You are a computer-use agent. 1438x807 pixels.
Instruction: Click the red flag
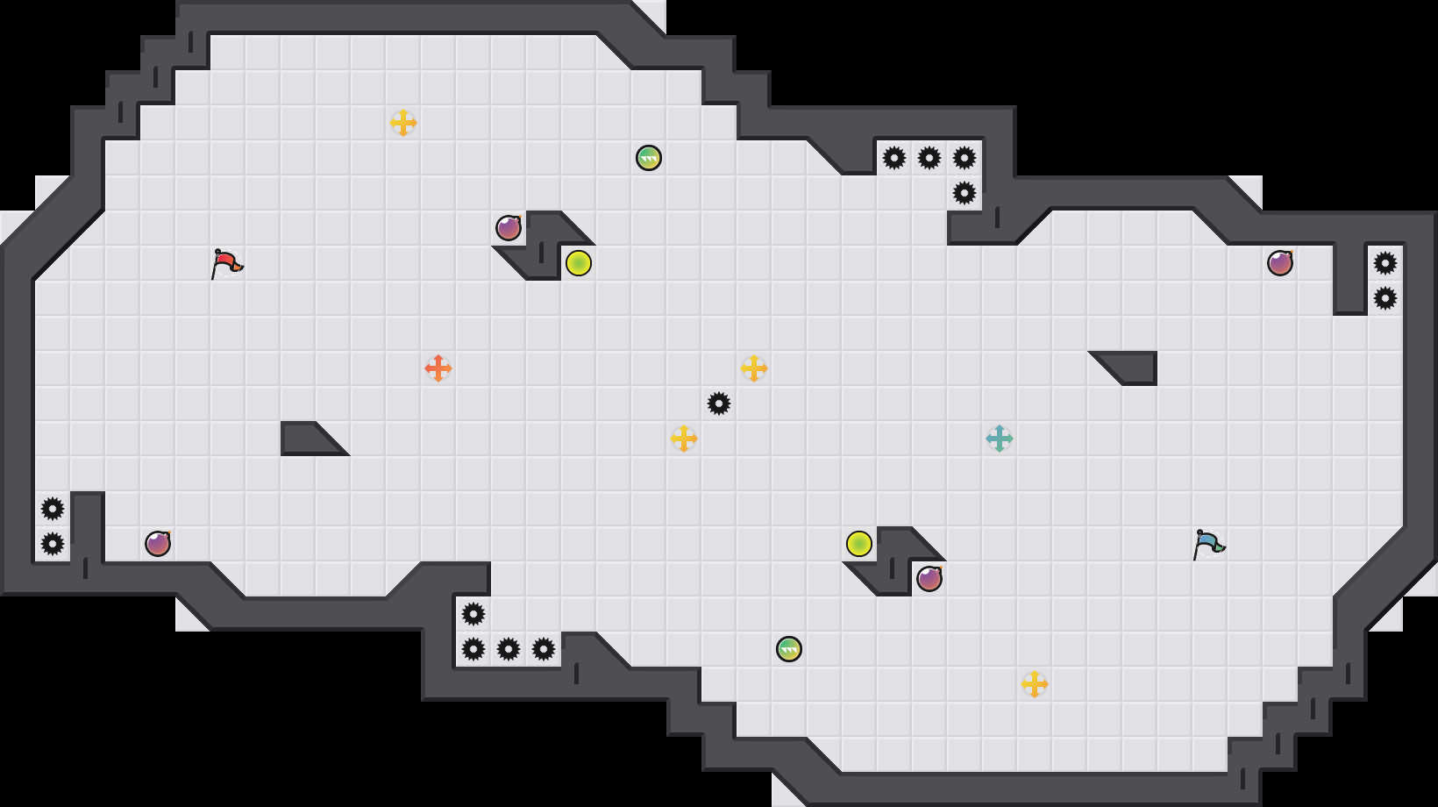(226, 262)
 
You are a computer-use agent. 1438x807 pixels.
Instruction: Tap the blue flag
(1208, 543)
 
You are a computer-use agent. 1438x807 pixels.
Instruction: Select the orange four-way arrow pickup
(438, 368)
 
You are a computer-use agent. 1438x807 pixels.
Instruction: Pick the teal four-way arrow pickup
(1000, 439)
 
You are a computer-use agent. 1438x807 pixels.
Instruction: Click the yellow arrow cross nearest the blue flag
(1035, 684)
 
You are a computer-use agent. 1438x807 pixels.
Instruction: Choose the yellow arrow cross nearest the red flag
(403, 123)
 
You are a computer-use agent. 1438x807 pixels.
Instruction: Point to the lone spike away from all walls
(719, 403)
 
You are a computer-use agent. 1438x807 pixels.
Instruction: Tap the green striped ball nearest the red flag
(649, 158)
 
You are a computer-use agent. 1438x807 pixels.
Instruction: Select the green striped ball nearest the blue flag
(789, 649)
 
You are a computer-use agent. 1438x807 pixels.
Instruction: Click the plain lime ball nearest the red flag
(579, 263)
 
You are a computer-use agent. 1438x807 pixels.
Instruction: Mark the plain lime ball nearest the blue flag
(859, 544)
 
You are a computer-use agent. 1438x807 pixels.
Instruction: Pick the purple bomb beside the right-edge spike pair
(1280, 263)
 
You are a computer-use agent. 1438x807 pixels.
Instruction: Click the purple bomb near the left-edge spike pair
(158, 544)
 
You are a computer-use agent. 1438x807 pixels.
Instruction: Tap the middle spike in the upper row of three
(929, 158)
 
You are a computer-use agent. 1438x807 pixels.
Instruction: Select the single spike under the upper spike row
(965, 193)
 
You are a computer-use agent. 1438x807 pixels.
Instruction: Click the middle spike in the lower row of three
(509, 649)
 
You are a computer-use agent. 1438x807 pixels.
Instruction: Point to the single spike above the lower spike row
(473, 614)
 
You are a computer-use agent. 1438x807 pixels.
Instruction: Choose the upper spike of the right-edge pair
(1385, 263)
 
